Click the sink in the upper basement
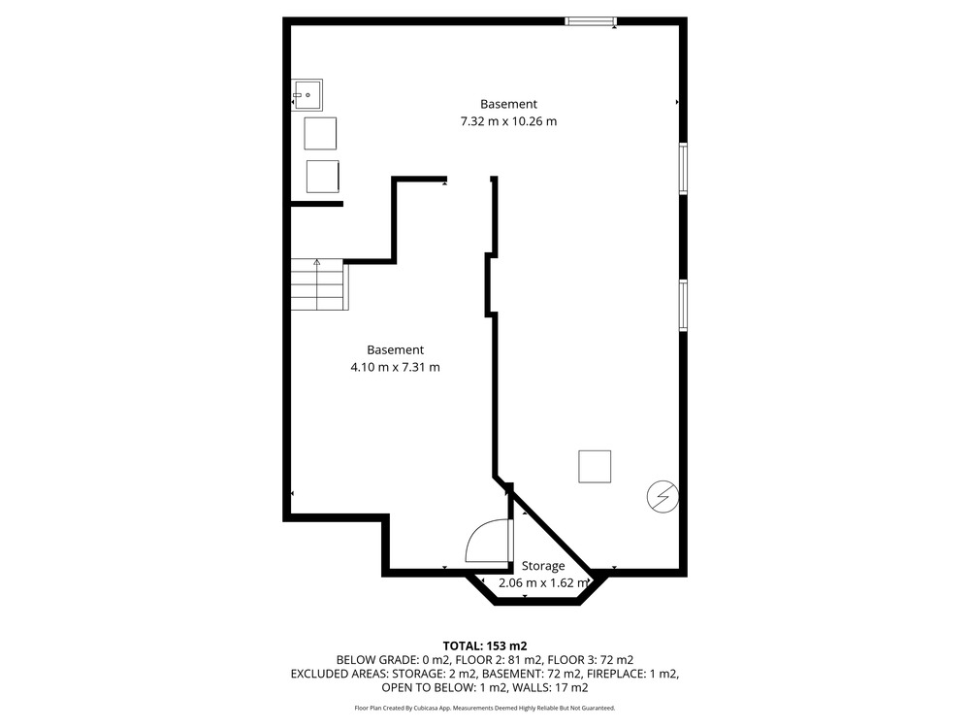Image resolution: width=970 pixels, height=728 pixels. [307, 95]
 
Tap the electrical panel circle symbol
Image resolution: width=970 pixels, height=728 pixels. [663, 496]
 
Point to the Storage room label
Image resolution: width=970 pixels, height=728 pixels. [543, 566]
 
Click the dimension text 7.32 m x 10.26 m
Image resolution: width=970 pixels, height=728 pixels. [508, 121]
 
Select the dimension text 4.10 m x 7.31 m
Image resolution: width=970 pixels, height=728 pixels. [396, 367]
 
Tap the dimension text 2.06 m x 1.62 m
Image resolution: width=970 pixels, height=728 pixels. [543, 582]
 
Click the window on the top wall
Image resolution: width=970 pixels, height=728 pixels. [592, 21]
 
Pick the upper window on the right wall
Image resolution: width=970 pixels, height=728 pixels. [683, 168]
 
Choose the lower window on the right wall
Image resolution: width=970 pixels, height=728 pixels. [683, 305]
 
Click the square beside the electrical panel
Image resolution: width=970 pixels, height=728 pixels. [595, 467]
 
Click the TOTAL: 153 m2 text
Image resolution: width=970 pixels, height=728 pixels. [485, 646]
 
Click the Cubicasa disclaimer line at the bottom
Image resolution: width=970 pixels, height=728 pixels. [485, 708]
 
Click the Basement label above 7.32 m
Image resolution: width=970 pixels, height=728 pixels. [508, 104]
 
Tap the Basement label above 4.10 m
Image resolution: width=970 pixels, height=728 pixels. [396, 349]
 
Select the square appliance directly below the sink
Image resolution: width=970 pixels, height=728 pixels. [320, 134]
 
